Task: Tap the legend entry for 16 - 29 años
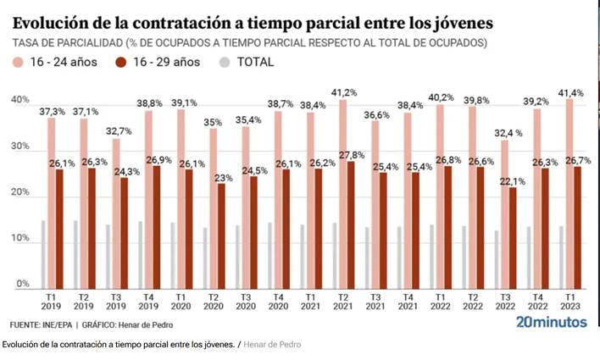click(x=165, y=61)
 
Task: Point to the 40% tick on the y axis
click(x=20, y=101)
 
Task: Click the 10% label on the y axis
click(x=20, y=239)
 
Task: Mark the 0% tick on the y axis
click(x=23, y=285)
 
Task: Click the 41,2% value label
click(x=343, y=91)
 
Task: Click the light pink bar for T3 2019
click(x=117, y=214)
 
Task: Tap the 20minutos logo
click(x=551, y=323)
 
